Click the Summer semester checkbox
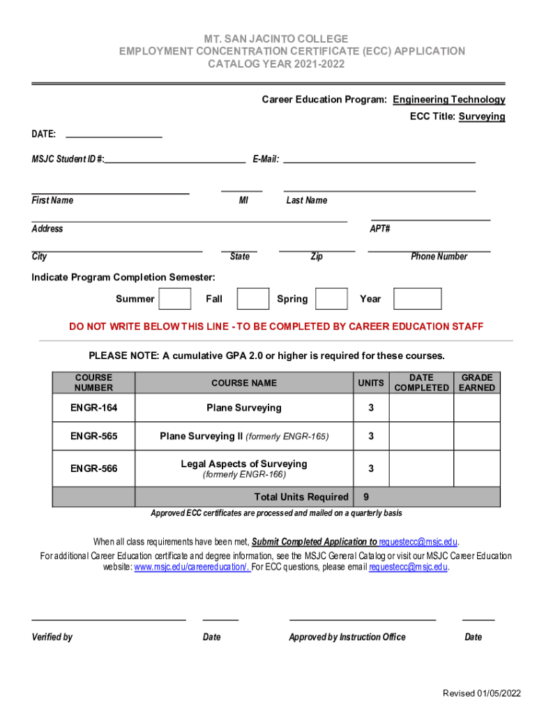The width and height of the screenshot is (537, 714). pos(175,298)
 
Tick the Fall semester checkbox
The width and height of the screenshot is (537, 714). pos(252,298)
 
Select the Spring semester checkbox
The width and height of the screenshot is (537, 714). pos(331,298)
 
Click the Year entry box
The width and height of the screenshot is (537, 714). pos(417,298)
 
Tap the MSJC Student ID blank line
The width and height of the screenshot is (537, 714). pos(175,160)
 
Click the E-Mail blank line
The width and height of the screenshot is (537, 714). pos(379,160)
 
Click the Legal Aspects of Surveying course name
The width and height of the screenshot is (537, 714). pos(244,464)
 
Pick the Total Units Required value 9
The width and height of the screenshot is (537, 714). pos(366,496)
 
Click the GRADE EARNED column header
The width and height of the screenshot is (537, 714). pos(477,382)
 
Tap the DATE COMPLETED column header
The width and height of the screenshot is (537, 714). pos(421,382)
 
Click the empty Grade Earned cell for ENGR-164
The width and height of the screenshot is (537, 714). pos(477,408)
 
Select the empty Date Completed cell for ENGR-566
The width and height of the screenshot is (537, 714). pos(421,469)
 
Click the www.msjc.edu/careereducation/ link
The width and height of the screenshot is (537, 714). pos(192,567)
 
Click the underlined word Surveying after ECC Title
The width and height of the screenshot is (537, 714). pos(481,116)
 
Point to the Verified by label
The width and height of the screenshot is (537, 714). pos(52,637)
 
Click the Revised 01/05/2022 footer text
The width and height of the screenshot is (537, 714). pos(482,692)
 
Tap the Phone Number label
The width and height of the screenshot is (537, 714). pos(439,257)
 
